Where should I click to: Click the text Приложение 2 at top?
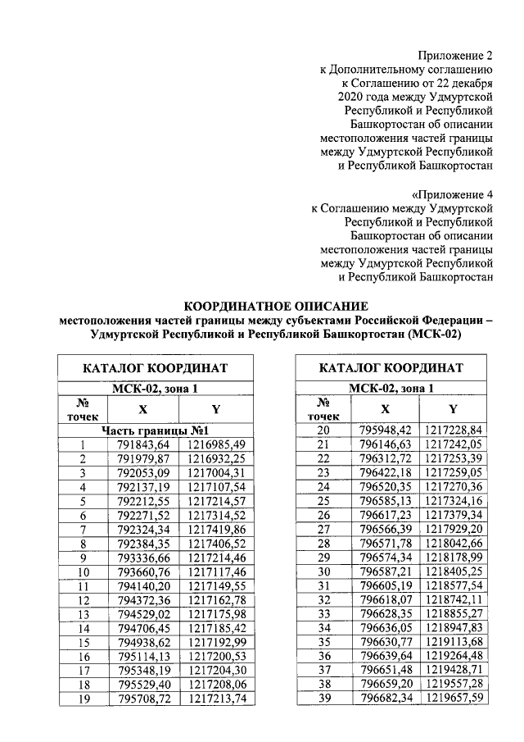point(456,56)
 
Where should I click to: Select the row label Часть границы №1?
point(156,430)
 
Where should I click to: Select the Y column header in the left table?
point(216,409)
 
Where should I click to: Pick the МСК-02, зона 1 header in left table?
point(155,389)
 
